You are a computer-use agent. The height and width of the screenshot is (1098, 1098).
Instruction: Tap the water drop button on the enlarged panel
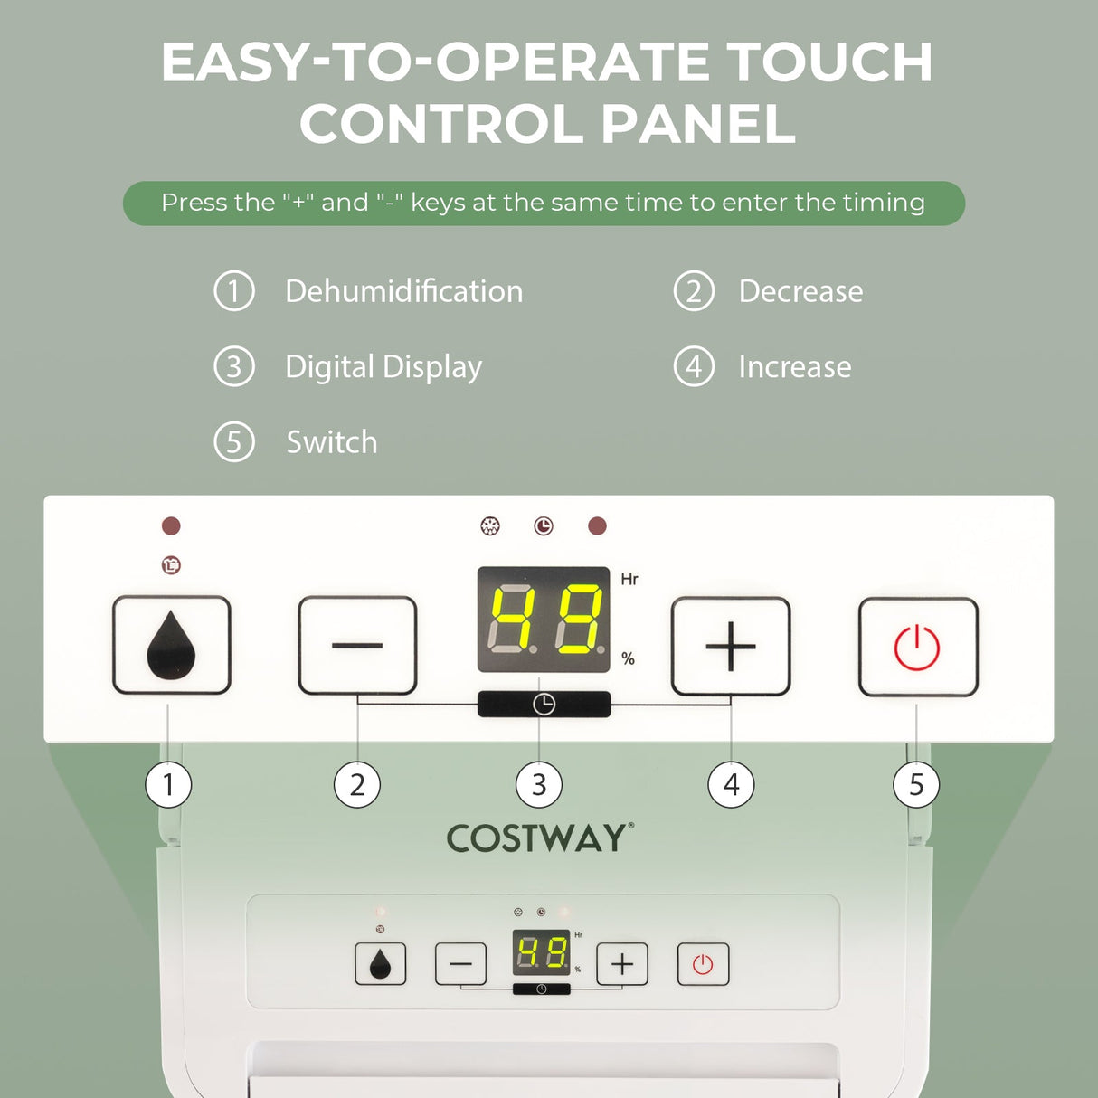[172, 645]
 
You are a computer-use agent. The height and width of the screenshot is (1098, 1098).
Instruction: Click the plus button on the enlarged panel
[731, 646]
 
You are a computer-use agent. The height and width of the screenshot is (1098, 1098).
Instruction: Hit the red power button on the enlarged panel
[918, 647]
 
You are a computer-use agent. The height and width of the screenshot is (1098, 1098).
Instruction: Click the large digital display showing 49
[544, 620]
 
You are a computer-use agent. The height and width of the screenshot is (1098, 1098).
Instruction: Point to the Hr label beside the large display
[629, 580]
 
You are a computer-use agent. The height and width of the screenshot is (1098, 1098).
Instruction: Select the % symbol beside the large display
[628, 658]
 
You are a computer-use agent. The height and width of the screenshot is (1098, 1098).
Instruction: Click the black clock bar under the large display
[544, 705]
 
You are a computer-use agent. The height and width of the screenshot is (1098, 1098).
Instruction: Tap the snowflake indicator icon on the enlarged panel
[490, 525]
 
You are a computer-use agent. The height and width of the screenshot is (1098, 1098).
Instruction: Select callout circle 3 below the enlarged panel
[539, 785]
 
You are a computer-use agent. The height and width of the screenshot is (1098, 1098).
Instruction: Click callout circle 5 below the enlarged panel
[916, 785]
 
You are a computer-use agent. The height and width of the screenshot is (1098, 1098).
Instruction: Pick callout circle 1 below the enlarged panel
[168, 785]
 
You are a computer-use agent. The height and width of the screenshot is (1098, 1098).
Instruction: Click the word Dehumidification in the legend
[404, 291]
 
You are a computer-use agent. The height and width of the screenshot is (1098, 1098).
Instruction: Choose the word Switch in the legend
[332, 442]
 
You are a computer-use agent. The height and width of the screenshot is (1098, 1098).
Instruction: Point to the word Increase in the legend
[795, 366]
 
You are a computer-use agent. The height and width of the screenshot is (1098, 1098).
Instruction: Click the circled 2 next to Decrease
[694, 291]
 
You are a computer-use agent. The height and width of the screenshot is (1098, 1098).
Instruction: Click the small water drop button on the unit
[380, 963]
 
